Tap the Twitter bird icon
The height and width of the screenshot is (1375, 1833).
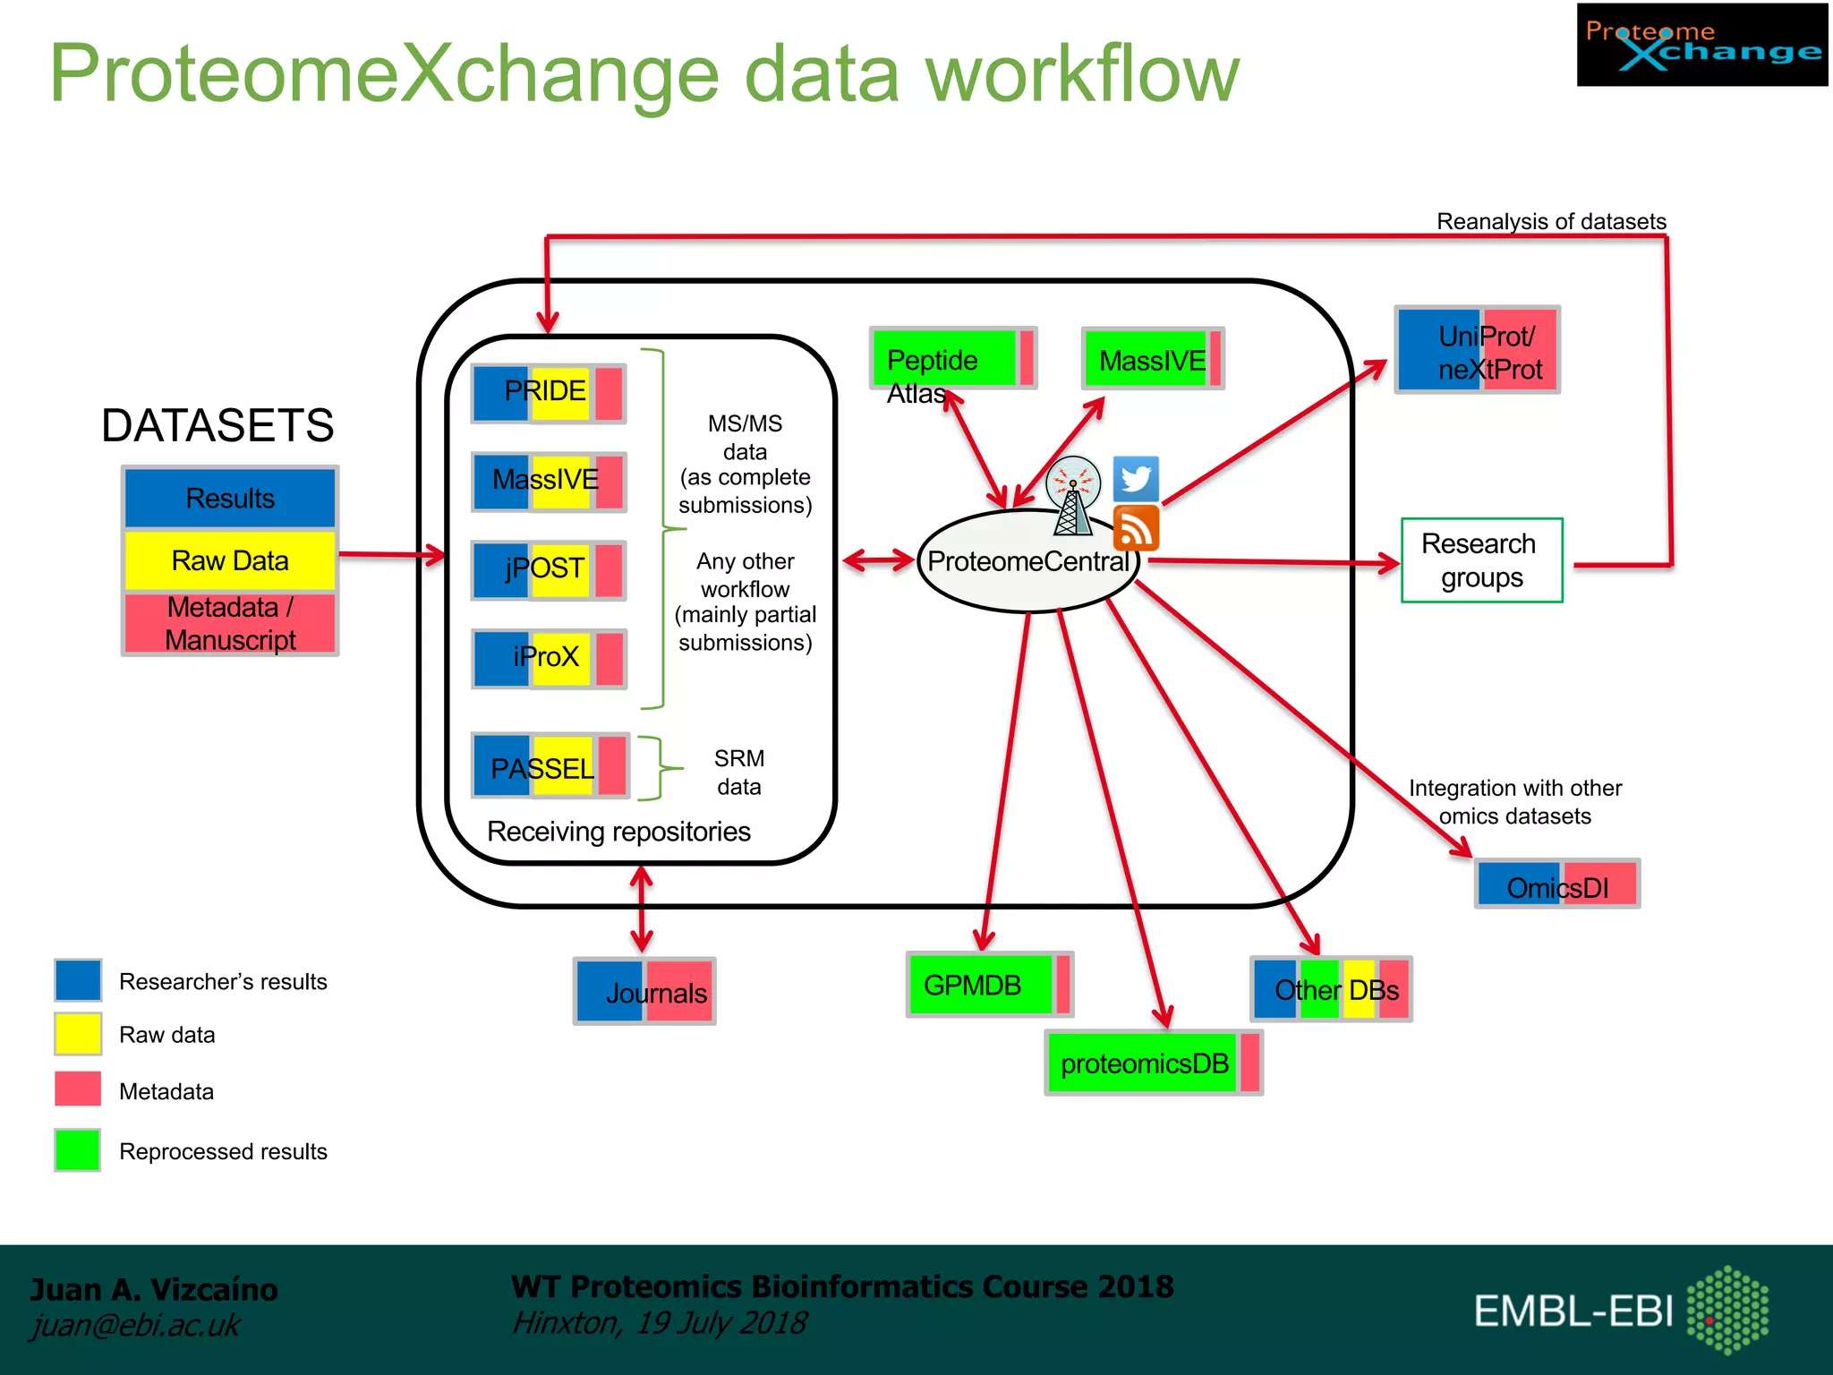pyautogui.click(x=1136, y=479)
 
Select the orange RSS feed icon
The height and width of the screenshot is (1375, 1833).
pyautogui.click(x=1136, y=529)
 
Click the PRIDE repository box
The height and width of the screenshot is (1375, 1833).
pyautogui.click(x=548, y=393)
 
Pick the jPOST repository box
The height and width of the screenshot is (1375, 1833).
pyautogui.click(x=548, y=569)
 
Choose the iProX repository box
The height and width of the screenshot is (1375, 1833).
pyautogui.click(x=548, y=658)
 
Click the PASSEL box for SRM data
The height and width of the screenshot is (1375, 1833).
pyautogui.click(x=550, y=766)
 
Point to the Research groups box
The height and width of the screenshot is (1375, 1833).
pyautogui.click(x=1481, y=560)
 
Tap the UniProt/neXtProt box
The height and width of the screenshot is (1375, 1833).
pyautogui.click(x=1477, y=350)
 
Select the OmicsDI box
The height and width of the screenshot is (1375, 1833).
pyautogui.click(x=1556, y=884)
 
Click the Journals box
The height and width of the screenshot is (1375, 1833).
pyautogui.click(x=644, y=991)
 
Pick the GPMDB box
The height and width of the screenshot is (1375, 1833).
pyautogui.click(x=989, y=985)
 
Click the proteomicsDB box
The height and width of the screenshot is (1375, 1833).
pyautogui.click(x=1153, y=1063)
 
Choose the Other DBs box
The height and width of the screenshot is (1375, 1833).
pyautogui.click(x=1331, y=989)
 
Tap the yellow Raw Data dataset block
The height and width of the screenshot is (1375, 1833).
pyautogui.click(x=230, y=560)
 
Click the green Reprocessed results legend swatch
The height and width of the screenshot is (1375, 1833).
pyautogui.click(x=77, y=1150)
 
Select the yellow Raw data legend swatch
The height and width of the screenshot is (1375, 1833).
pyautogui.click(x=77, y=1034)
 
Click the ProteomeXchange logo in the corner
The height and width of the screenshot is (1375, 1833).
pyautogui.click(x=1701, y=45)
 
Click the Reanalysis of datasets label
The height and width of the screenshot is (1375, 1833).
pyautogui.click(x=1551, y=221)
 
